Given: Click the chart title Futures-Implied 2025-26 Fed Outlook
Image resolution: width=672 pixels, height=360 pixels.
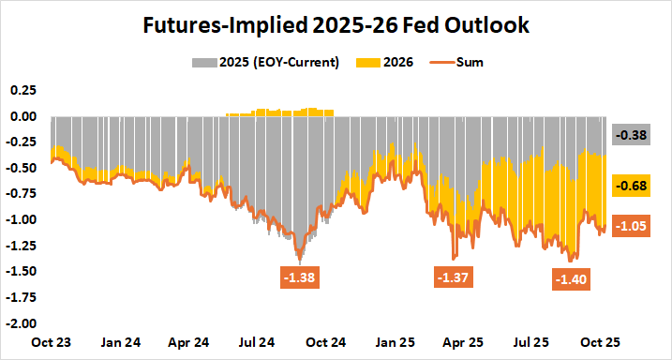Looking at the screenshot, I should point(336,25).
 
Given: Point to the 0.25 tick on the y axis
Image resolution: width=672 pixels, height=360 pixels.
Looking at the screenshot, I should point(23,91).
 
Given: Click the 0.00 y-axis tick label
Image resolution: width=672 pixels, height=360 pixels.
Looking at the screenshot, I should point(23,117).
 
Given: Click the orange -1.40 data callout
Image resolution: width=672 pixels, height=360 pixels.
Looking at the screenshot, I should point(572,278).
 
